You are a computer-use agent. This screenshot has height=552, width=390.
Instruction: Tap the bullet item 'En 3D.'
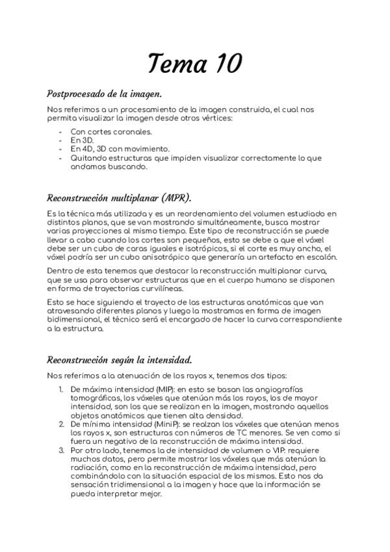pyautogui.click(x=83, y=140)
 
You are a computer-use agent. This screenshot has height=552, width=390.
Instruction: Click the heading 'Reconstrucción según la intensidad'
pyautogui.click(x=119, y=360)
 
